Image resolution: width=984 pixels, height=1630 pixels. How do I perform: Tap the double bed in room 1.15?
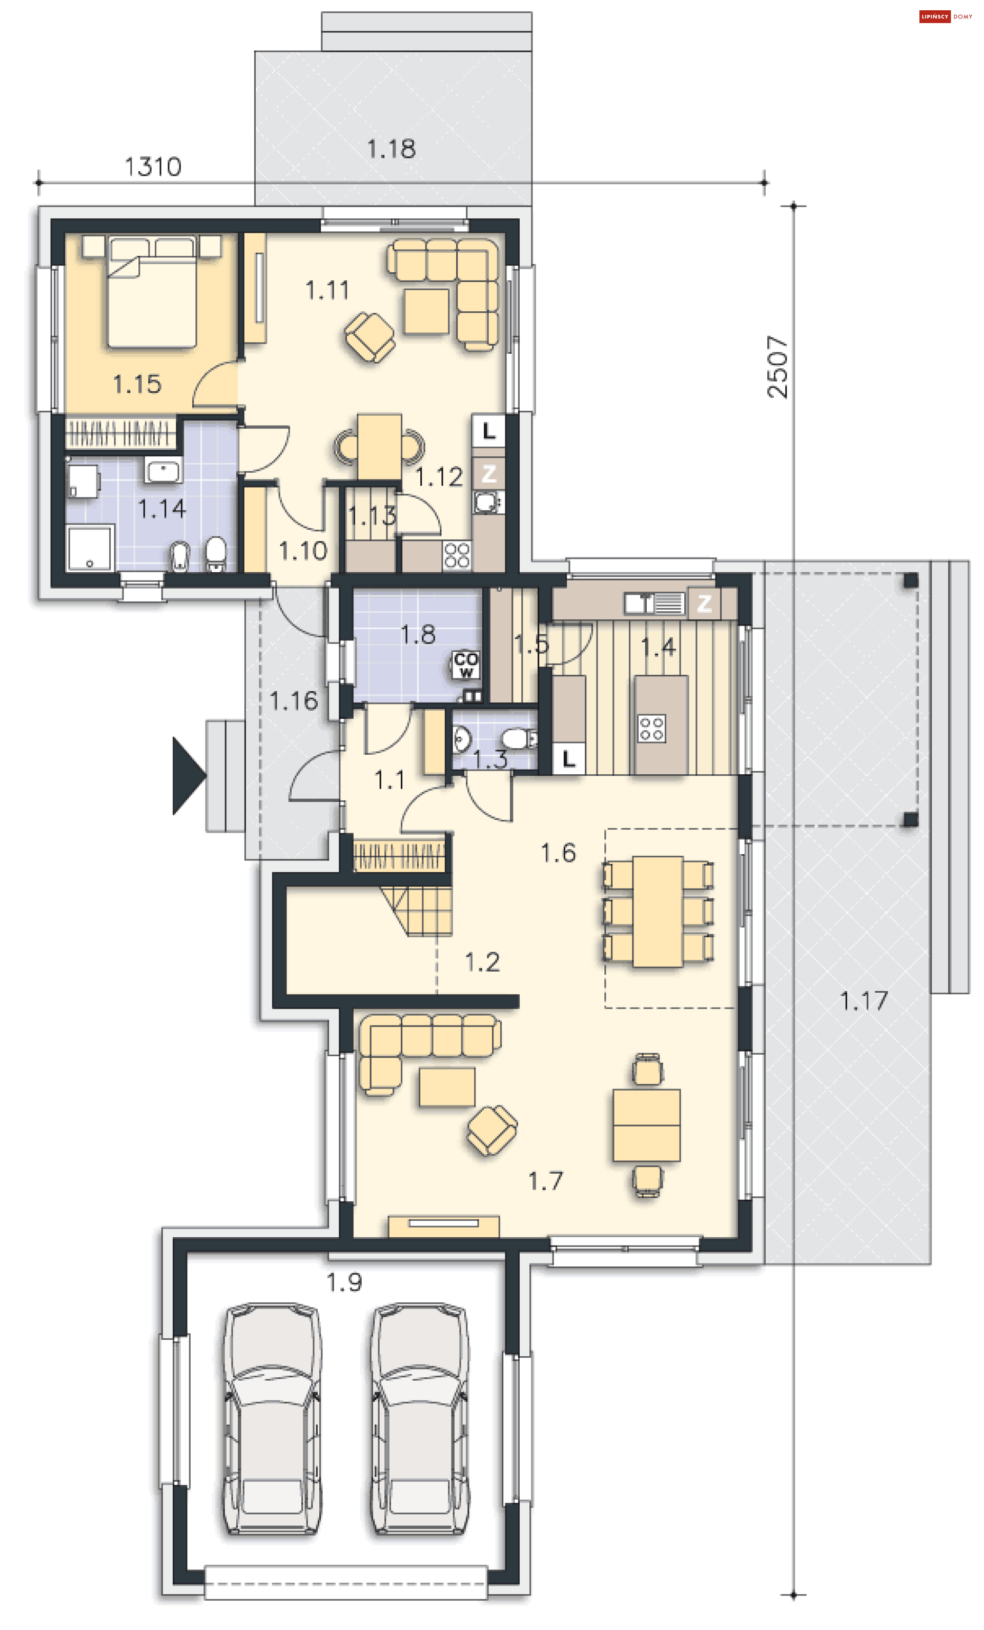pyautogui.click(x=151, y=291)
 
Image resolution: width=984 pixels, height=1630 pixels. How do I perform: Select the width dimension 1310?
pyautogui.click(x=153, y=167)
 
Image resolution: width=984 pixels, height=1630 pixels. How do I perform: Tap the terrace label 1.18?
pyautogui.click(x=392, y=149)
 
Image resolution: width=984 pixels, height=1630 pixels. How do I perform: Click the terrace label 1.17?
pyautogui.click(x=864, y=1001)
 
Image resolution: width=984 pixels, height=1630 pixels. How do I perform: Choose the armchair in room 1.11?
pyautogui.click(x=370, y=337)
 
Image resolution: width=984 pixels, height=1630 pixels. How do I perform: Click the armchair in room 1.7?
pyautogui.click(x=491, y=1130)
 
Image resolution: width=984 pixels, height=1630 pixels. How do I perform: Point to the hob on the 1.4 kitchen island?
pyautogui.click(x=651, y=728)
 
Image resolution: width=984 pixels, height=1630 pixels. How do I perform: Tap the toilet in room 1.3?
pyautogui.click(x=519, y=738)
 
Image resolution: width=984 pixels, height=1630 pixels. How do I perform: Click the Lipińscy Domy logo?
pyautogui.click(x=946, y=16)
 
